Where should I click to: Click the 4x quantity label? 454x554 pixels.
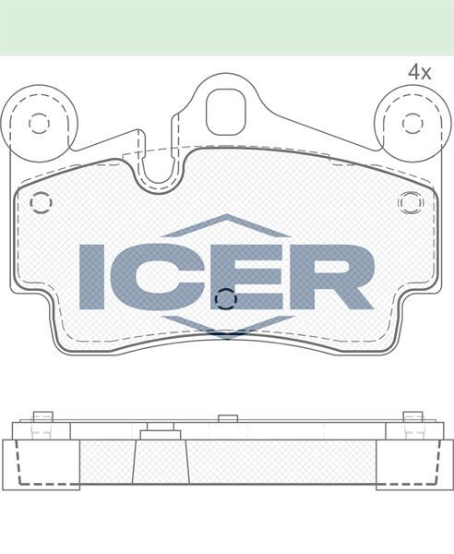coord(420,71)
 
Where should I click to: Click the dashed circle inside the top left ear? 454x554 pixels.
coord(38,123)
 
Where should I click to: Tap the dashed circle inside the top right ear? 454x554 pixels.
coord(412,123)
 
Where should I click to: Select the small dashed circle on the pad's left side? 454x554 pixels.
coord(41,202)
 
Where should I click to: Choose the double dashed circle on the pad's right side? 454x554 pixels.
coord(409,201)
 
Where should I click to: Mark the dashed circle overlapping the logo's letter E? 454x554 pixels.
coord(225,297)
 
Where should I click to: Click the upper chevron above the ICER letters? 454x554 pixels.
coord(226,226)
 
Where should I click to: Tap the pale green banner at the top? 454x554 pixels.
coord(227,27)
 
